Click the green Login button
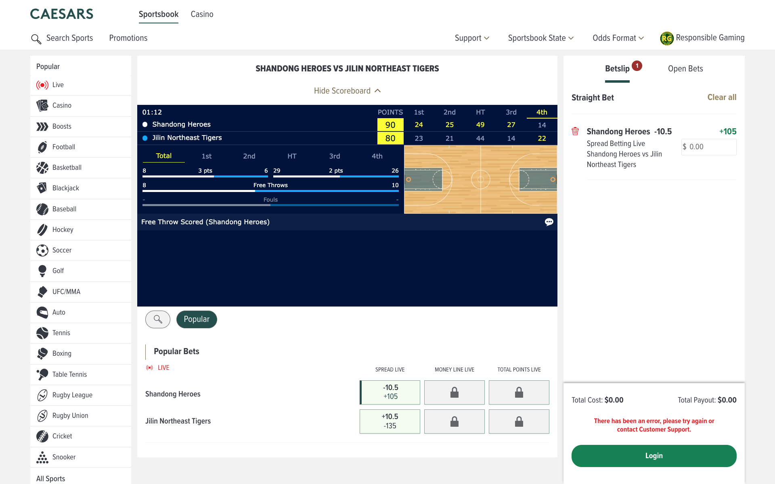tap(654, 456)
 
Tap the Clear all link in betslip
tap(721, 97)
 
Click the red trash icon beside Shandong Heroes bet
tap(575, 131)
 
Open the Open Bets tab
tap(685, 69)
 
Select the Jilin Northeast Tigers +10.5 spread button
tap(390, 421)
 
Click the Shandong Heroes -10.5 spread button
tap(390, 392)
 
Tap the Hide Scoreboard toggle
tap(347, 91)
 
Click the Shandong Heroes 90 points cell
tap(390, 125)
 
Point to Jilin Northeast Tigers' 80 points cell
tap(390, 138)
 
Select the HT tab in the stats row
tap(291, 156)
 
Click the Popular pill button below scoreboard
tap(197, 319)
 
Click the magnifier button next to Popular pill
tap(158, 319)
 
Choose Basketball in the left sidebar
tap(67, 167)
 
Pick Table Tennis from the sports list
tap(69, 374)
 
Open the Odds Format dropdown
tap(618, 38)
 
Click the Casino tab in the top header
tap(202, 14)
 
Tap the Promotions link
tap(128, 38)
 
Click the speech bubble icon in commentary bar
tap(549, 222)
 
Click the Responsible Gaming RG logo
tap(666, 38)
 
